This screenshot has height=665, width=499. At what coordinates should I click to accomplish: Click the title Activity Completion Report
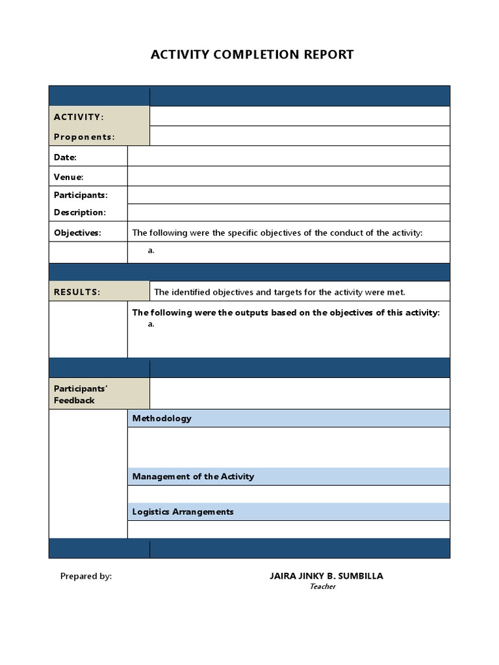tap(252, 55)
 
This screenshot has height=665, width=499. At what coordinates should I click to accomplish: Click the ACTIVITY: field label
tap(78, 117)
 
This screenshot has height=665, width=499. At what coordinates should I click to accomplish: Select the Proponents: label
tap(84, 137)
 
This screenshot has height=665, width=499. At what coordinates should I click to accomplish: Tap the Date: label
tap(65, 157)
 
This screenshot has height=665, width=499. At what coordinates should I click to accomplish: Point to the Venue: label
tap(68, 177)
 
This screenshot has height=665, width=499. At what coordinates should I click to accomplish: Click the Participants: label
tap(81, 195)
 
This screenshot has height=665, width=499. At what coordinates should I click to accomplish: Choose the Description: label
tap(79, 212)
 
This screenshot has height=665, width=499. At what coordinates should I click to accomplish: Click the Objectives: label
tap(77, 233)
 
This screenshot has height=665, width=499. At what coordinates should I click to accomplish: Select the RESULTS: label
tap(77, 292)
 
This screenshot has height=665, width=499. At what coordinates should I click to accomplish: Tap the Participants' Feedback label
tap(81, 394)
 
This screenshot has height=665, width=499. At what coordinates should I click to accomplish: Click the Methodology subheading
tap(162, 418)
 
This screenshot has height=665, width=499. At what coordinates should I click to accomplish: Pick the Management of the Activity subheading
tap(193, 477)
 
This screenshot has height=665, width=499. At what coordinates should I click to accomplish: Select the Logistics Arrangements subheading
tap(183, 512)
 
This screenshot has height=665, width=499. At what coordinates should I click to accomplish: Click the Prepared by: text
tap(86, 576)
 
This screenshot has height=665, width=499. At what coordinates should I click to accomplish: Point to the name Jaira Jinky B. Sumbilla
tap(326, 576)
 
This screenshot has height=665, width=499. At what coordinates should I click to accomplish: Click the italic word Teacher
tap(322, 587)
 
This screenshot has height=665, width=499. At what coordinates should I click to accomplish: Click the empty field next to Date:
tap(288, 157)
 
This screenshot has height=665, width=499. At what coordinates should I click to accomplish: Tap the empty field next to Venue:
tap(288, 177)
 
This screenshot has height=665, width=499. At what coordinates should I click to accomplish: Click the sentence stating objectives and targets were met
tap(279, 292)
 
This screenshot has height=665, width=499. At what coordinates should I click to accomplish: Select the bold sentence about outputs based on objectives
tap(286, 312)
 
